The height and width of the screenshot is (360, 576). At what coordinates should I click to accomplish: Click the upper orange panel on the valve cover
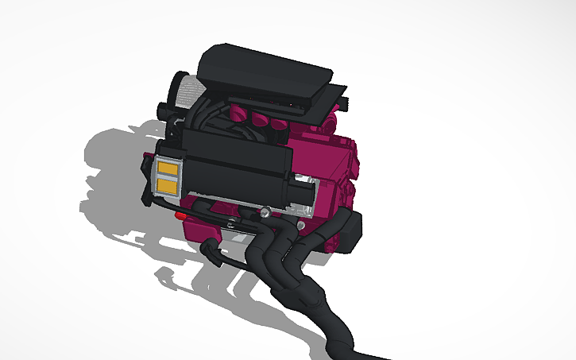(x=168, y=168)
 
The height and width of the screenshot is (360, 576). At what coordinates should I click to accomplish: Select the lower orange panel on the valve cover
(x=168, y=186)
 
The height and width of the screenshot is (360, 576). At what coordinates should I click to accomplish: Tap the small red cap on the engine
(x=182, y=215)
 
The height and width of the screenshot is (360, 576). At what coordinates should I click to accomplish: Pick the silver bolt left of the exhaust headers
(x=263, y=213)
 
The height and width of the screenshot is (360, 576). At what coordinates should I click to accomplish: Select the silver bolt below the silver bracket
(x=302, y=226)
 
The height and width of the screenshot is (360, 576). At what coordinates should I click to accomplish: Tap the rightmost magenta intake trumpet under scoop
(x=279, y=124)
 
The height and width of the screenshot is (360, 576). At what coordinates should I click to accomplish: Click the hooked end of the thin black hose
(x=210, y=246)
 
